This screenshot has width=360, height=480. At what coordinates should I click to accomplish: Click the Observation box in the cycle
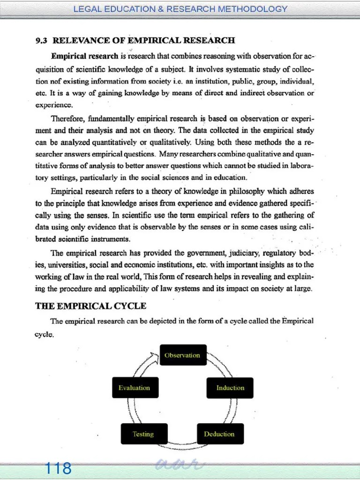click(182, 355)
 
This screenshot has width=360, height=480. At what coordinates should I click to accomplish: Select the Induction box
click(230, 388)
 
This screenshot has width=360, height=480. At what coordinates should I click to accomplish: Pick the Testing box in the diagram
click(143, 434)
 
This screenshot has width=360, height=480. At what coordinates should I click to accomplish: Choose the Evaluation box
click(135, 388)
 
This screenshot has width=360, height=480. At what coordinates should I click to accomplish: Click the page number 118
click(58, 468)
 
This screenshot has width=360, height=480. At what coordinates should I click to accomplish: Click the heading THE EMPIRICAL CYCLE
click(91, 306)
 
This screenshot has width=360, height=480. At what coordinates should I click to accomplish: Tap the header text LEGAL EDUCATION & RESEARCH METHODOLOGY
click(180, 9)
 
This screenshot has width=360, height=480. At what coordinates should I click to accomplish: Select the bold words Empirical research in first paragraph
click(84, 56)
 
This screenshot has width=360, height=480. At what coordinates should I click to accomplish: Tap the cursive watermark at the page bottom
click(180, 465)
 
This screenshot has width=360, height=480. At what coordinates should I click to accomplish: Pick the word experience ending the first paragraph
click(54, 105)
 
